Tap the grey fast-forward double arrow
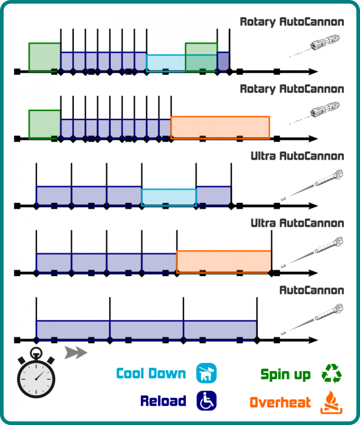point(75,353)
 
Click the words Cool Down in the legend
point(151,373)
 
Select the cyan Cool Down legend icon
point(206,373)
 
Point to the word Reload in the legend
point(163,401)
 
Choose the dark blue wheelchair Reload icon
point(206,401)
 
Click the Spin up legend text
point(285,375)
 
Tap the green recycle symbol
point(331,373)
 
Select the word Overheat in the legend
point(280,402)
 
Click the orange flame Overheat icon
point(331,402)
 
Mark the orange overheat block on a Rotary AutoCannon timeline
point(220,127)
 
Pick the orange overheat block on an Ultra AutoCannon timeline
point(224,261)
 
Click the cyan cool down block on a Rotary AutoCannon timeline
point(166,63)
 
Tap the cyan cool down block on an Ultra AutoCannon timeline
point(168,197)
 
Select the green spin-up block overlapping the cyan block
point(201,57)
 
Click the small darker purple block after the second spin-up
point(223,61)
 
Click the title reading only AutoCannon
point(311,290)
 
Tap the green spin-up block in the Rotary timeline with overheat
point(44,124)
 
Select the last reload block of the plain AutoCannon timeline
point(220,330)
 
